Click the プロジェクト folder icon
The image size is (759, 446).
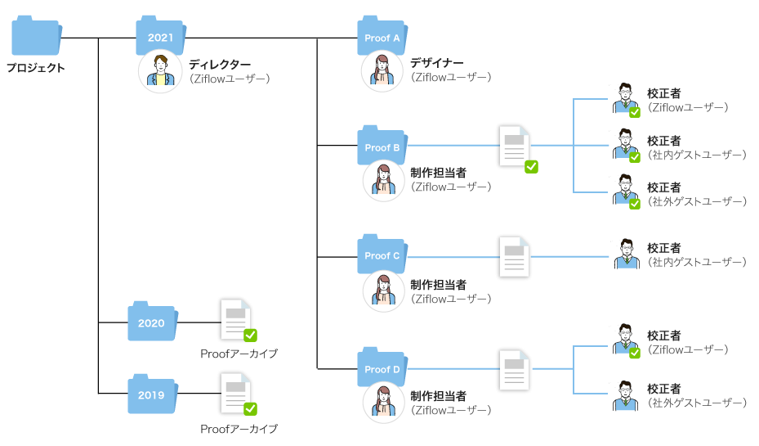point(37,38)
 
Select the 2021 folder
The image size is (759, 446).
point(161,37)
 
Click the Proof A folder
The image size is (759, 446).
point(382,37)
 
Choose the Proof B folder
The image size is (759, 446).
point(382,146)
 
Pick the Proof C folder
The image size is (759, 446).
point(382,255)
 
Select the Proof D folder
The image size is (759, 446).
point(382,368)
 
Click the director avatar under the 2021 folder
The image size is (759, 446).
point(160,72)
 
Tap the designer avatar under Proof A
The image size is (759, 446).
point(382,71)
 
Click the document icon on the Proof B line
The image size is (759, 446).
point(515,146)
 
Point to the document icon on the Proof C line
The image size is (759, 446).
point(515,256)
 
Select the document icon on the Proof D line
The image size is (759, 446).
point(515,369)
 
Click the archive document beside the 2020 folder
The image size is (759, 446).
point(237,319)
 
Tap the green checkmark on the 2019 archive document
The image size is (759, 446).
point(251,408)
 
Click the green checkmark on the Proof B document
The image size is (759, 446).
point(530,166)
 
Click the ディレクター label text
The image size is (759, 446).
point(220,64)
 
